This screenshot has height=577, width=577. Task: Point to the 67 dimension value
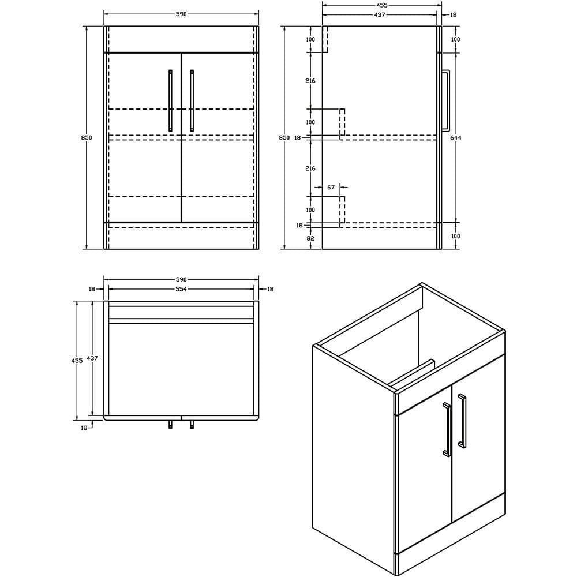coord(331,188)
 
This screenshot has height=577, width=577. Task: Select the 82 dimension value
coord(310,238)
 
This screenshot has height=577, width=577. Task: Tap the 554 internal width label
coord(181,289)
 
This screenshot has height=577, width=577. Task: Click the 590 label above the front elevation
coord(181,14)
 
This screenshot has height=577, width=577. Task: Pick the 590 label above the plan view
coord(181,279)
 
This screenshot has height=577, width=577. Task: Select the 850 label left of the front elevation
coord(87,138)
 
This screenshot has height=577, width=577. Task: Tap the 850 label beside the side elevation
coord(284,138)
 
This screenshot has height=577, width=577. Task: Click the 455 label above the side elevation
coord(381,5)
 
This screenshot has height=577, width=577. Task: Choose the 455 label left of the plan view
coord(77,359)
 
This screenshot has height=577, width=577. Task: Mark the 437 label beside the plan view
coord(92,358)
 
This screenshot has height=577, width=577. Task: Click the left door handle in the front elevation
coord(170,101)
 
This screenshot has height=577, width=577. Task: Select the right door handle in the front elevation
coord(192,101)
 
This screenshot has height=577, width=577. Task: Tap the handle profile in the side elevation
coord(446,101)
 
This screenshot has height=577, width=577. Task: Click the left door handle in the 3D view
coord(446,430)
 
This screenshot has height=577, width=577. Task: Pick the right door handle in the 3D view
coord(462,421)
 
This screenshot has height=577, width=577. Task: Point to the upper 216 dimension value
coord(310,81)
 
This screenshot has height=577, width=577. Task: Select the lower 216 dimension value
coord(310,168)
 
